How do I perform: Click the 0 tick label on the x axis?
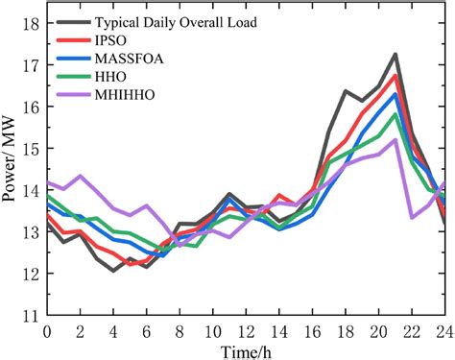pyautogui.click(x=46, y=329)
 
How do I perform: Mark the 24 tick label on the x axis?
pyautogui.click(x=444, y=329)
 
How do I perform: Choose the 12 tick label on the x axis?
pyautogui.click(x=245, y=329)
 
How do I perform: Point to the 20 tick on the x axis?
pyautogui.click(x=377, y=329)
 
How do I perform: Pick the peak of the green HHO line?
pyautogui.click(x=395, y=114)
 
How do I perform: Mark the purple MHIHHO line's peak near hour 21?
pyautogui.click(x=395, y=139)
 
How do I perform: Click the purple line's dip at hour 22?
pyautogui.click(x=411, y=217)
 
